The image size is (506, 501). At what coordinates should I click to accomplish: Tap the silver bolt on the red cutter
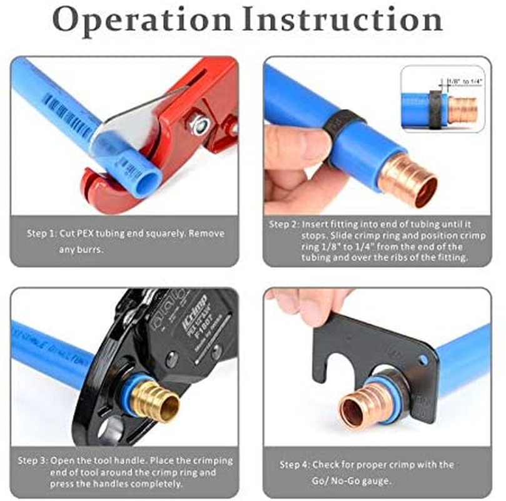(x=200, y=127)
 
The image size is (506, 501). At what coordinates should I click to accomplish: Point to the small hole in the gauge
(x=425, y=361)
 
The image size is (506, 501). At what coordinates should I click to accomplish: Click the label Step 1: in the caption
(x=41, y=233)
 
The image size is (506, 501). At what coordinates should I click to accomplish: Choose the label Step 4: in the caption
(x=295, y=465)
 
